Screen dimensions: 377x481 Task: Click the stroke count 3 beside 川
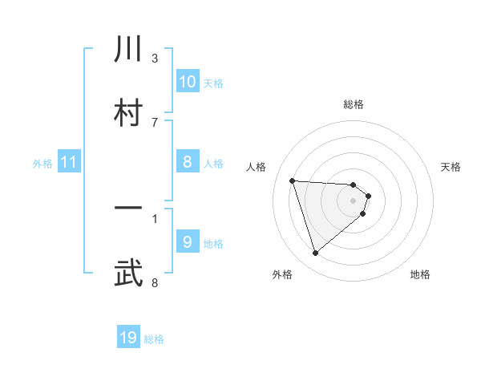coord(155,58)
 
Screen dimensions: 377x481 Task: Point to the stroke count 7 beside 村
coord(155,122)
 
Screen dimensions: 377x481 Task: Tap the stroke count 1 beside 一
coord(155,217)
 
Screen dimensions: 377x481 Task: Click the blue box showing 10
coord(188,82)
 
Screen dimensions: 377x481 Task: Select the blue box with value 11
coord(69,163)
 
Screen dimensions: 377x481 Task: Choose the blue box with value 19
coord(128,338)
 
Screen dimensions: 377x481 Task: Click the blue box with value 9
coord(188,242)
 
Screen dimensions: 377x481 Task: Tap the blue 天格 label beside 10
coord(212,83)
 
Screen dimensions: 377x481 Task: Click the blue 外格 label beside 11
coord(42,164)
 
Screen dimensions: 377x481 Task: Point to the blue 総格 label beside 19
coord(154,339)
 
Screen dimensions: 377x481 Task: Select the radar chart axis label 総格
coord(354,104)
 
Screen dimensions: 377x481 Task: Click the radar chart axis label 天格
coord(451,167)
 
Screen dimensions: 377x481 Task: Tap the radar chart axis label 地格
coord(420,274)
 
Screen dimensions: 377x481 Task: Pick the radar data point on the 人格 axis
coord(293,180)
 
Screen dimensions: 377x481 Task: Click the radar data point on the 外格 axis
coord(315,253)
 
